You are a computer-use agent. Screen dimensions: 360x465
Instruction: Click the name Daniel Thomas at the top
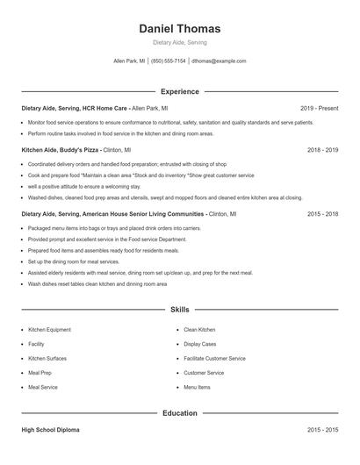pyautogui.click(x=180, y=28)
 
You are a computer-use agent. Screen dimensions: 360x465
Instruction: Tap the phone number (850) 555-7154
pyautogui.click(x=169, y=61)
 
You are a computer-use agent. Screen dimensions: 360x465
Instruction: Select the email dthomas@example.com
pyautogui.click(x=219, y=61)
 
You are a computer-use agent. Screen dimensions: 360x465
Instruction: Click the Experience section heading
pyautogui.click(x=180, y=91)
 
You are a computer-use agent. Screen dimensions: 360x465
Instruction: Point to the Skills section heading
pyautogui.click(x=180, y=310)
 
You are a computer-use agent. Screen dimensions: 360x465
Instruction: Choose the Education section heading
pyautogui.click(x=180, y=412)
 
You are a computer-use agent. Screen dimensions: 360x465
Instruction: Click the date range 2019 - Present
pyautogui.click(x=319, y=108)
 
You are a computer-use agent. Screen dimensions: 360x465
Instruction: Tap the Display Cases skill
pyautogui.click(x=199, y=344)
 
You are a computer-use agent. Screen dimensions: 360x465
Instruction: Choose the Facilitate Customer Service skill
pyautogui.click(x=214, y=358)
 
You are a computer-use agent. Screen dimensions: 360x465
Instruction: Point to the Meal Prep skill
pyautogui.click(x=40, y=373)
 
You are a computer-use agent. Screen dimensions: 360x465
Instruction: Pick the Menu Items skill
pyautogui.click(x=197, y=387)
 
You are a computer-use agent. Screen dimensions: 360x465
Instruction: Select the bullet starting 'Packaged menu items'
pyautogui.click(x=114, y=227)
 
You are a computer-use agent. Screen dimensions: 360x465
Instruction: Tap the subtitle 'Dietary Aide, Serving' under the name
pyautogui.click(x=179, y=42)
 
